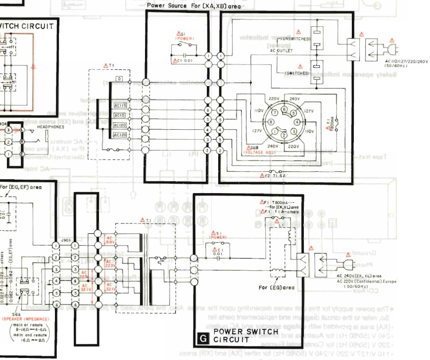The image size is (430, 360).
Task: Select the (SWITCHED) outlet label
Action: tap(296, 73)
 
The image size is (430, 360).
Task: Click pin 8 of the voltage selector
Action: tap(271, 121)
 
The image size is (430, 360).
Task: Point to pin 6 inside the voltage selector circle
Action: tap(284, 109)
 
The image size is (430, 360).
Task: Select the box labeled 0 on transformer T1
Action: tap(119, 79)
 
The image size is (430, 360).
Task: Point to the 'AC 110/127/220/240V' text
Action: tap(406, 61)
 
